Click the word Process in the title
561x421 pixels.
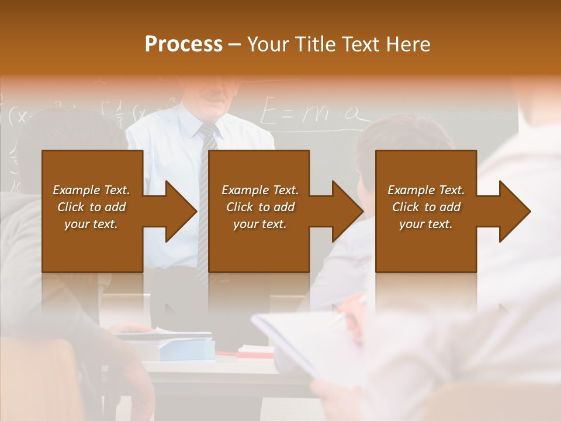pyautogui.click(x=183, y=44)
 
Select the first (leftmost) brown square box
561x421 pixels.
pyautogui.click(x=92, y=211)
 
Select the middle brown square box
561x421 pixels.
pyautogui.click(x=259, y=211)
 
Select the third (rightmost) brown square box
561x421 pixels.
pyautogui.click(x=425, y=211)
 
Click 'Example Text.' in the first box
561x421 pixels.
pyautogui.click(x=91, y=190)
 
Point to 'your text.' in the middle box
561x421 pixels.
pyautogui.click(x=259, y=224)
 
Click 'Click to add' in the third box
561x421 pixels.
pyautogui.click(x=426, y=207)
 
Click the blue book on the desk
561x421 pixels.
pyautogui.click(x=186, y=350)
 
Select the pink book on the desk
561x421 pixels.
pyautogui.click(x=255, y=352)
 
